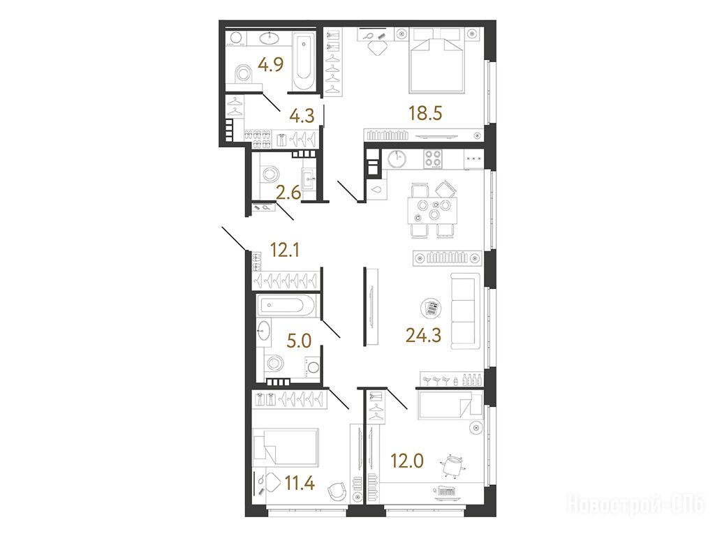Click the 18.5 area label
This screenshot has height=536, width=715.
click(x=425, y=113)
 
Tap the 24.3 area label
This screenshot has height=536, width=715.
click(x=424, y=336)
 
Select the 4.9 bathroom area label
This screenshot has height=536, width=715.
click(x=270, y=64)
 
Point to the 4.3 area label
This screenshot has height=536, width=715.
click(x=302, y=115)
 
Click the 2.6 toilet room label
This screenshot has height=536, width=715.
click(x=288, y=193)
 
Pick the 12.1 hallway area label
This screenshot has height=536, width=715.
click(x=285, y=250)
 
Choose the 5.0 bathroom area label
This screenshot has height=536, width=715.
click(x=299, y=341)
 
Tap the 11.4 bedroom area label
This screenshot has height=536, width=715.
click(x=299, y=482)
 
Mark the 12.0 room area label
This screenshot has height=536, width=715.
click(x=407, y=461)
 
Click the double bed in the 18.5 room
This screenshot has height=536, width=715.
click(x=437, y=60)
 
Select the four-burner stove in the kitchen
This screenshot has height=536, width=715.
click(x=433, y=159)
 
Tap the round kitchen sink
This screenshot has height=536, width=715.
click(x=398, y=158)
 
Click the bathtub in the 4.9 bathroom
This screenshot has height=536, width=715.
click(x=303, y=61)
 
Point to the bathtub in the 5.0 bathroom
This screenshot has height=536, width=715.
click(x=286, y=306)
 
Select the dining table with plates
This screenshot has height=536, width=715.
click(x=432, y=211)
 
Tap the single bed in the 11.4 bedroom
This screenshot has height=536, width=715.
click(x=286, y=447)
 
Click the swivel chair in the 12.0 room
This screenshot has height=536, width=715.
click(x=452, y=466)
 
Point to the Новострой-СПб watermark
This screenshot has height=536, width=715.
click(x=635, y=504)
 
